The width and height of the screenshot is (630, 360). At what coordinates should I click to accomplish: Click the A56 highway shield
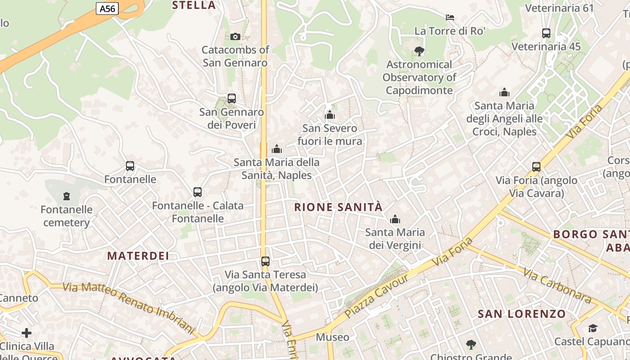point(107,8)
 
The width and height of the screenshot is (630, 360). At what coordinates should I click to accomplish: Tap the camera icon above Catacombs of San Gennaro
point(235,36)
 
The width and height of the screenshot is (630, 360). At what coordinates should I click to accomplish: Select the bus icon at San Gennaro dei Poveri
point(232,98)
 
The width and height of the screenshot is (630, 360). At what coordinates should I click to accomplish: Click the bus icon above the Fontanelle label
point(130,166)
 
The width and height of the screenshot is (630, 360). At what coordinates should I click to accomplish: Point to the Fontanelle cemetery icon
point(67,196)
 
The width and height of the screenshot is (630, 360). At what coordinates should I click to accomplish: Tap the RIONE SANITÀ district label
point(338,207)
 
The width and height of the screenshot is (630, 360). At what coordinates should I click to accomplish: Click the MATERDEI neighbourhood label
point(138,256)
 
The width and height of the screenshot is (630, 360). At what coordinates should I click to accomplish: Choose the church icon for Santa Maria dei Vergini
point(395,220)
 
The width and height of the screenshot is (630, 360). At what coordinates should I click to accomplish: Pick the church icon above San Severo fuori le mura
point(330,115)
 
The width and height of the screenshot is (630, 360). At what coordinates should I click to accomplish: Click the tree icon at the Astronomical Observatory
point(419,51)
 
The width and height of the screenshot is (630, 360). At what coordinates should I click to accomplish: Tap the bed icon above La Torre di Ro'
point(450,18)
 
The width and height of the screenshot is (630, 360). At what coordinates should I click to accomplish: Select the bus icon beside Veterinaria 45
point(546,33)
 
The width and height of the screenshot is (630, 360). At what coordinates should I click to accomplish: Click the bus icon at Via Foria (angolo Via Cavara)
point(536,167)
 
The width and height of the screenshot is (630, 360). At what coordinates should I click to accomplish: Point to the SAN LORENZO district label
point(522,314)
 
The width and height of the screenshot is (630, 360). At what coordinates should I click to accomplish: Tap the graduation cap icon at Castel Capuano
point(593,328)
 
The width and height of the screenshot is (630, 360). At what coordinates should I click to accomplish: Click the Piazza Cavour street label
point(377,296)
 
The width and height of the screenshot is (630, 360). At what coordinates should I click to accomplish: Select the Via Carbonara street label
point(557,285)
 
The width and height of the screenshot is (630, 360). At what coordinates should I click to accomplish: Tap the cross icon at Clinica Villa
point(27,333)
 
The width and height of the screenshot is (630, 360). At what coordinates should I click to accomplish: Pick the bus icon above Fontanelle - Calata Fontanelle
point(198,192)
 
